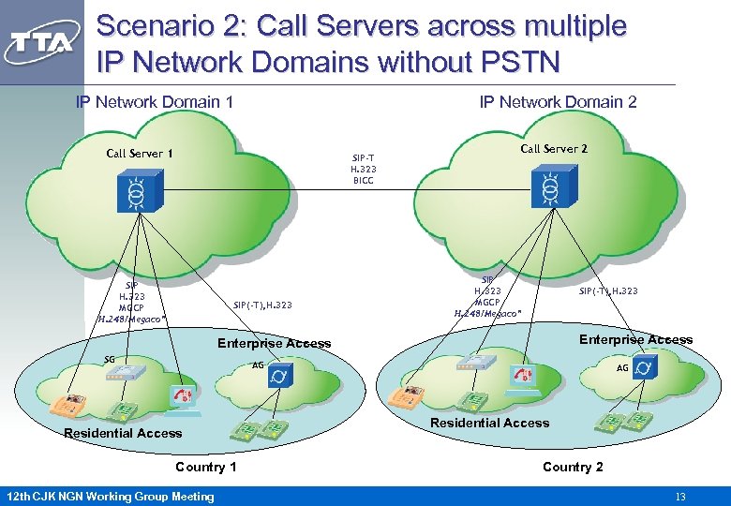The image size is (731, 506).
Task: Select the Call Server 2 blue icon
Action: (548, 190)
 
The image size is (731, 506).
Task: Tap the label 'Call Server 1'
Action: (140, 153)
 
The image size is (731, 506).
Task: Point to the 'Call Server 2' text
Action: (554, 148)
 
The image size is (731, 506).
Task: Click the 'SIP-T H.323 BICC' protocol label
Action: (364, 169)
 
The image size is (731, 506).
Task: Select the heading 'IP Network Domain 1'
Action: (155, 101)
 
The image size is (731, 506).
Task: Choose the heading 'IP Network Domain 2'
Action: (558, 101)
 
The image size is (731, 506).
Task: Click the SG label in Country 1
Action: (110, 360)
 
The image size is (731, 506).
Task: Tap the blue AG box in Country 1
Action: (279, 375)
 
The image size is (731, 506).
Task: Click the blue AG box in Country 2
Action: (644, 366)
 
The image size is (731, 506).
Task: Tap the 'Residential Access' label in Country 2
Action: (489, 424)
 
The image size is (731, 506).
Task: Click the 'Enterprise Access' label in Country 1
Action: (274, 343)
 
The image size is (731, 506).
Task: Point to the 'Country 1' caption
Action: (206, 467)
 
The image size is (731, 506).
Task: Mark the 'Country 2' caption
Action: (573, 467)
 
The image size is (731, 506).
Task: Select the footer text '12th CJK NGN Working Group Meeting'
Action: (110, 496)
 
